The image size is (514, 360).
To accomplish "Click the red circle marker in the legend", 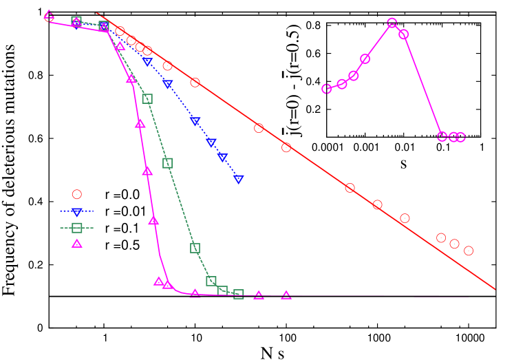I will pyautogui.click(x=77, y=195).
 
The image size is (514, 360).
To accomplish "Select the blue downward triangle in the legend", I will pyautogui.click(x=77, y=211).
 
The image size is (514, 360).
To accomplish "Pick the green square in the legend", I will pyautogui.click(x=77, y=227).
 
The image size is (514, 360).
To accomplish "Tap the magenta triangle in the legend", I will pyautogui.click(x=77, y=243).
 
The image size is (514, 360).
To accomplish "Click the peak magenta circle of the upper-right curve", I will pyautogui.click(x=392, y=23).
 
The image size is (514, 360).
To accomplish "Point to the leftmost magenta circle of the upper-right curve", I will pyautogui.click(x=327, y=89).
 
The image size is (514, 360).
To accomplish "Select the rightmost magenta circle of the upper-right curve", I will pyautogui.click(x=460, y=137).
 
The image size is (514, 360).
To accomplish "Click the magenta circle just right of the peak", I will pyautogui.click(x=404, y=34).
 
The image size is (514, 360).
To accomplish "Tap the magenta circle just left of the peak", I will pyautogui.click(x=365, y=59).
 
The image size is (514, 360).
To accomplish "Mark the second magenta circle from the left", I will pyautogui.click(x=342, y=84).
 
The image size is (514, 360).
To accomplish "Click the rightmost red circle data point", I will pyautogui.click(x=469, y=251).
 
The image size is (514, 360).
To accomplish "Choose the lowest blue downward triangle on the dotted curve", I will pyautogui.click(x=239, y=179).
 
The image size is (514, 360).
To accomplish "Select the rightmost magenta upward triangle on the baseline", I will pyautogui.click(x=286, y=295).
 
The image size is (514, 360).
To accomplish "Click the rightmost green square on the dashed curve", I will pyautogui.click(x=239, y=294).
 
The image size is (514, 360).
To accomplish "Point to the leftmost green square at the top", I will pyautogui.click(x=76, y=21).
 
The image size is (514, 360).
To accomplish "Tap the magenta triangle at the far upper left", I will pyautogui.click(x=49, y=14).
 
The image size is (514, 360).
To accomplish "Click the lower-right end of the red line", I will pyautogui.click(x=494, y=288).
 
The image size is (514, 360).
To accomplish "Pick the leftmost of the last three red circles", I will pyautogui.click(x=441, y=237).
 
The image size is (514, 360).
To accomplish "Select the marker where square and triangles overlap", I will pyautogui.click(x=104, y=27).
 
